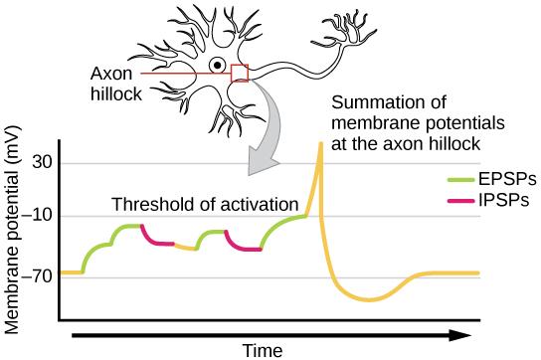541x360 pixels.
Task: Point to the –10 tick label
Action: [x=38, y=216]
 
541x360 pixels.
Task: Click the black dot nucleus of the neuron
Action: [x=216, y=71]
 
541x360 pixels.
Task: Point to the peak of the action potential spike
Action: [x=320, y=144]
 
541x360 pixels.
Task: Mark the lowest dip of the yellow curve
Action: [x=369, y=298]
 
